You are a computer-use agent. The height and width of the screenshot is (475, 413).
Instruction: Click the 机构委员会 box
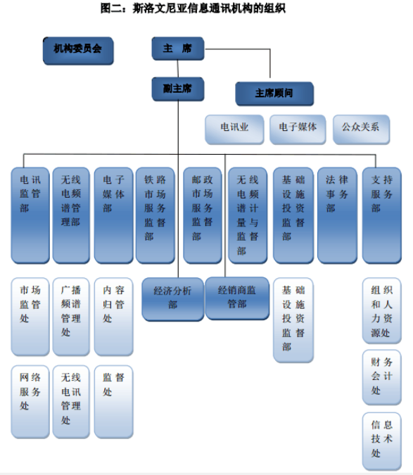click(x=78, y=51)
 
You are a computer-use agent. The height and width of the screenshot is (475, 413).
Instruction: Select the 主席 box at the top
click(x=178, y=49)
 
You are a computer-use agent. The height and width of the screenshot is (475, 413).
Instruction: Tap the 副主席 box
click(x=178, y=89)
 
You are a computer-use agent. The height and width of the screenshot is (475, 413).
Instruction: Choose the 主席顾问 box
click(x=274, y=94)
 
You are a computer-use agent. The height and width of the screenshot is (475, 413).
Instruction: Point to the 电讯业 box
click(x=234, y=129)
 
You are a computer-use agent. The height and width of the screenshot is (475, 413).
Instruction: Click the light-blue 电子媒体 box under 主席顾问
click(x=298, y=129)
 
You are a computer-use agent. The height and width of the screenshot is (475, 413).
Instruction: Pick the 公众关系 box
click(x=361, y=129)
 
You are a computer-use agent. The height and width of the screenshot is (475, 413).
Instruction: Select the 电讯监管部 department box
click(x=30, y=215)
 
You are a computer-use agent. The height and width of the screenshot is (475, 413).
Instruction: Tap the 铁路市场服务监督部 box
click(x=155, y=215)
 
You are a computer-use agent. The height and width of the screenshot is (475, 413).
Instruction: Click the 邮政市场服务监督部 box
click(x=203, y=215)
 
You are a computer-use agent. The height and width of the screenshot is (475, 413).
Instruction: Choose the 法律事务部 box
click(x=337, y=215)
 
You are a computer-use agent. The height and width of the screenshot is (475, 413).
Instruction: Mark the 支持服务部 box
click(x=382, y=215)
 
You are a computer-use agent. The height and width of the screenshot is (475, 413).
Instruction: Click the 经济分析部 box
click(x=173, y=299)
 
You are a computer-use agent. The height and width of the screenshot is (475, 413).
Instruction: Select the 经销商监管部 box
click(x=237, y=298)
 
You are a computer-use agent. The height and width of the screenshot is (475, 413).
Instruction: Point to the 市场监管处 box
click(x=30, y=317)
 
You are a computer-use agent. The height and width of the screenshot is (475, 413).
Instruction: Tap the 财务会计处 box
click(x=382, y=377)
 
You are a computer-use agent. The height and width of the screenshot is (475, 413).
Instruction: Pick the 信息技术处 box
click(x=382, y=441)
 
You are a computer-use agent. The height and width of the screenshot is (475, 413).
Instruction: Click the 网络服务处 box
click(x=30, y=402)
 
